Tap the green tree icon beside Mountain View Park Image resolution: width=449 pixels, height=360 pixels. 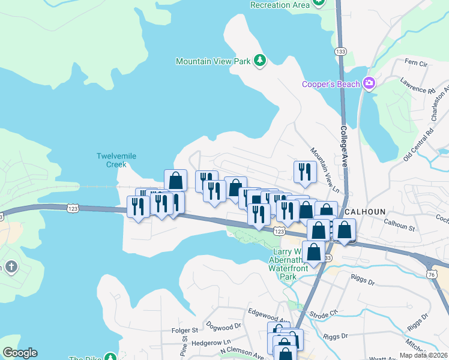[x=260, y=61]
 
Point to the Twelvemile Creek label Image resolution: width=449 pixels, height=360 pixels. [x=116, y=160]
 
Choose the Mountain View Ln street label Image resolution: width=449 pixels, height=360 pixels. [x=324, y=170]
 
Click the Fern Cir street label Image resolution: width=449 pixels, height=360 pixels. [x=416, y=62]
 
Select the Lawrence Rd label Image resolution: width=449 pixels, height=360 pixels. [x=418, y=86]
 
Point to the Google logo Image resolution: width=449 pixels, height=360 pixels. [x=20, y=353]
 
